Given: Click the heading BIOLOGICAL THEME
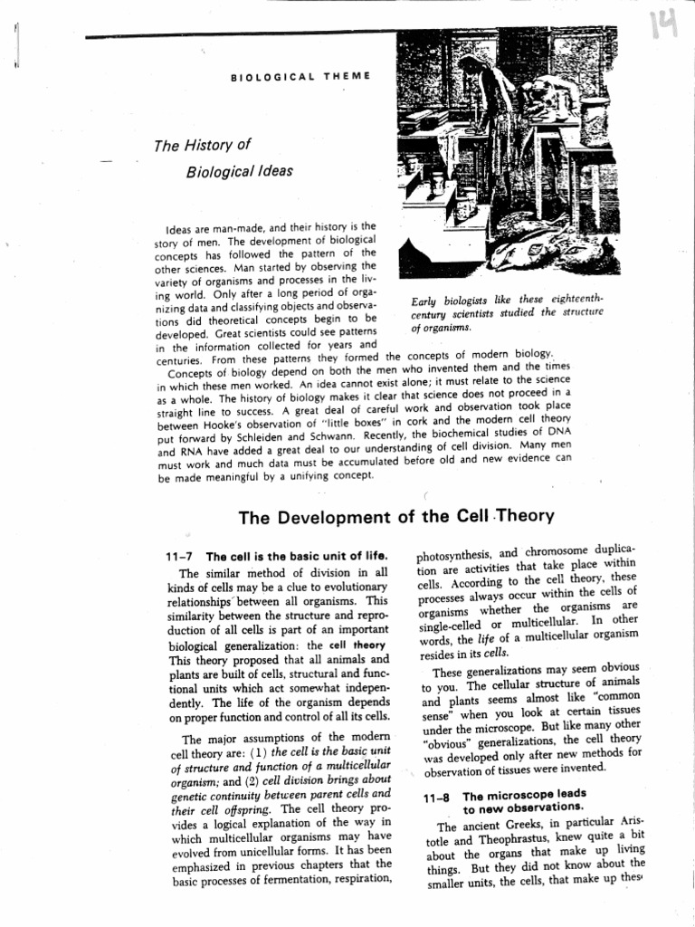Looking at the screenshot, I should point(300,77).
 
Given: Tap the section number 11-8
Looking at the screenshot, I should point(438,796).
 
